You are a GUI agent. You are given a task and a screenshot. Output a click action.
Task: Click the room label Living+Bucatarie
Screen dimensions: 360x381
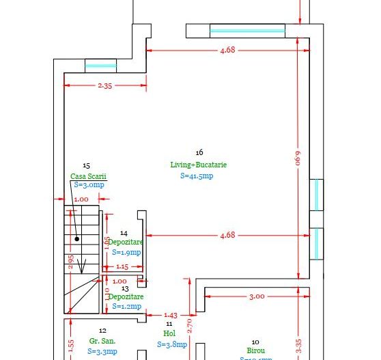point(198,165)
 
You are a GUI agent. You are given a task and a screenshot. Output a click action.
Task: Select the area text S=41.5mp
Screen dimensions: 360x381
point(197,176)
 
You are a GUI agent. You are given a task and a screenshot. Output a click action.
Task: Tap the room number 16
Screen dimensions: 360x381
point(199,152)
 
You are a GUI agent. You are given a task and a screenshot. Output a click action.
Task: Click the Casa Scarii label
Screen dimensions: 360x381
point(88,176)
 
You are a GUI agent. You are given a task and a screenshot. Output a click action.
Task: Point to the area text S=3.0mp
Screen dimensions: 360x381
point(89,184)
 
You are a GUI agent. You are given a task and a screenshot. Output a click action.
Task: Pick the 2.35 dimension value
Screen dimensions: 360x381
point(105,85)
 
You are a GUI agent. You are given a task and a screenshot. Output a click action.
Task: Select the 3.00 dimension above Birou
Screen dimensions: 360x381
point(256,296)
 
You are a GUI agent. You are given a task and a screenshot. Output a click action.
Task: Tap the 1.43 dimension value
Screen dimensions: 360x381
point(170,315)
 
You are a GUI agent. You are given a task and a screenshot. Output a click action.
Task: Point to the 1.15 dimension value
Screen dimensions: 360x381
point(122,266)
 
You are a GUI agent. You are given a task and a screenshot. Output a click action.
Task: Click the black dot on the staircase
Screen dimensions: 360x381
point(78,239)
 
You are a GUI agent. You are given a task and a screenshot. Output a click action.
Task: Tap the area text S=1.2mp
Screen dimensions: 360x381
point(126,307)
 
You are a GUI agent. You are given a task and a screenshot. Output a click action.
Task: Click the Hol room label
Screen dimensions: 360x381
point(170,333)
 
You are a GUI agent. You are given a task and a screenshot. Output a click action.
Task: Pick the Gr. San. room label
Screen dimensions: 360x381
point(102,340)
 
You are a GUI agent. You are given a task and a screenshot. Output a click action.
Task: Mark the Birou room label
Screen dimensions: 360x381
point(255,350)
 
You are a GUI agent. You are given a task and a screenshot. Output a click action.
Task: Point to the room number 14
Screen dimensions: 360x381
point(124,233)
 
